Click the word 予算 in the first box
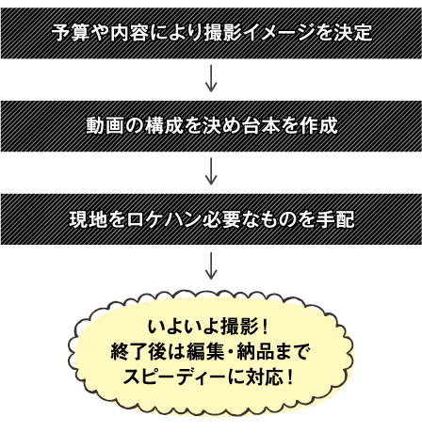point(71,33)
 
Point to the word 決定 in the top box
point(353,33)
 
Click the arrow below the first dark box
point(211,78)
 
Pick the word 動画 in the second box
point(105,125)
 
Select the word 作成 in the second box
point(318,125)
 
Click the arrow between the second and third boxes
point(211,171)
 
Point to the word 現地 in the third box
point(89,219)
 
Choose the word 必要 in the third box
point(221,219)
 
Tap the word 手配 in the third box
point(335,219)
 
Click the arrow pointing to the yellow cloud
point(211,265)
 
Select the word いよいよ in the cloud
point(184,327)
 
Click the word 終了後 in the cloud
point(138,351)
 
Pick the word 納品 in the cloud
point(255,351)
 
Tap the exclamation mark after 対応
point(290,377)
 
